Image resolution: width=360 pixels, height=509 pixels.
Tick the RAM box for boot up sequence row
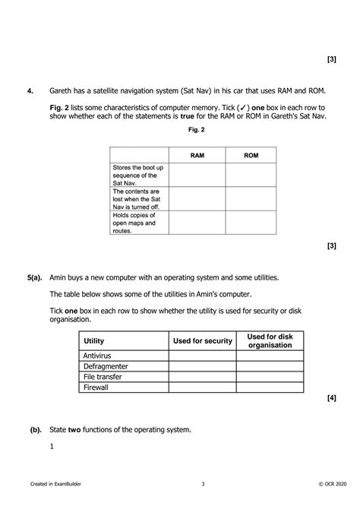point(197,175)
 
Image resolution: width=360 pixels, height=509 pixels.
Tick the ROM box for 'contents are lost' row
point(251,199)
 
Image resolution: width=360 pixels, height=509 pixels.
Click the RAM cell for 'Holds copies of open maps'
point(197,223)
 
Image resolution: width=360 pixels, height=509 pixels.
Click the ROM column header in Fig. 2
point(251,155)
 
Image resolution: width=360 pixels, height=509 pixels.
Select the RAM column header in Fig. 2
point(197,155)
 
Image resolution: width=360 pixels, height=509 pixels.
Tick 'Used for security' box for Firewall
point(202,387)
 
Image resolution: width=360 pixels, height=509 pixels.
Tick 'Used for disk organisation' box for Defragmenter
point(270,366)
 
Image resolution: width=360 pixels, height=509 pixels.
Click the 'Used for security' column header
point(202,341)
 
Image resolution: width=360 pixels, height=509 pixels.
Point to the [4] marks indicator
point(331,398)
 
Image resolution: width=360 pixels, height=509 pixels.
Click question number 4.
point(30,92)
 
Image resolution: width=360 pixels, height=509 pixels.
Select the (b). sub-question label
point(35,430)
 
